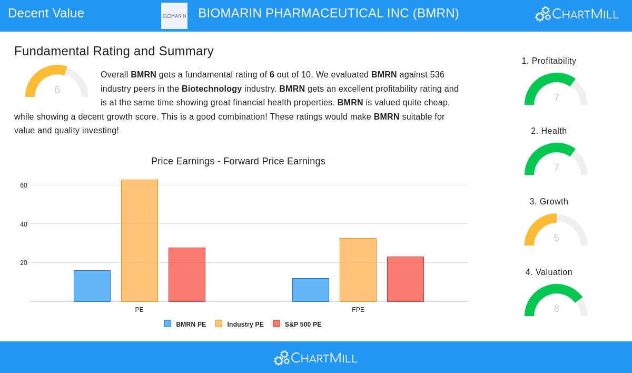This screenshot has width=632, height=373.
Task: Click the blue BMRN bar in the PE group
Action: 92,286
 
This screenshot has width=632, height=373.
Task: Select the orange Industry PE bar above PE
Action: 140,241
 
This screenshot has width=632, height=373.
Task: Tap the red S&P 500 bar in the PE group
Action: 187,274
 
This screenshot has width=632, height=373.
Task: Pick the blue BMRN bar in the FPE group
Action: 311,290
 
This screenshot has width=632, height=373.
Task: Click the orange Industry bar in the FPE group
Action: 358,270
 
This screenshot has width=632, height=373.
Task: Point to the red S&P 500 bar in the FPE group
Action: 406,279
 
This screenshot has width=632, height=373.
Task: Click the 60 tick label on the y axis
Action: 24,185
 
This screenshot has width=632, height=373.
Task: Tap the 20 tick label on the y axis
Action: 24,263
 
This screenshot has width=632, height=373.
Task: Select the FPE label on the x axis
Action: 358,310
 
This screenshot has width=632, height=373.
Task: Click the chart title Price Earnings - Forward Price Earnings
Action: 238,161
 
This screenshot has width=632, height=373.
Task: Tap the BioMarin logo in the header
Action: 174,16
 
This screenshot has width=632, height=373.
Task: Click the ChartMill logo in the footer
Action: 315,358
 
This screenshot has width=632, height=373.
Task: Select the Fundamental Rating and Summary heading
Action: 114,51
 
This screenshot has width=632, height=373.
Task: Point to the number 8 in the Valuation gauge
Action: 556,309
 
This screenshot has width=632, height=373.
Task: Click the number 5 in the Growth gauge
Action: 556,238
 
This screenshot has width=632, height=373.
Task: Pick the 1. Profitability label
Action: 549,61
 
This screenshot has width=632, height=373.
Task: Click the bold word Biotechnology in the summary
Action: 212,89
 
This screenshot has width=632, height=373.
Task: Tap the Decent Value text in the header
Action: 46,13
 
